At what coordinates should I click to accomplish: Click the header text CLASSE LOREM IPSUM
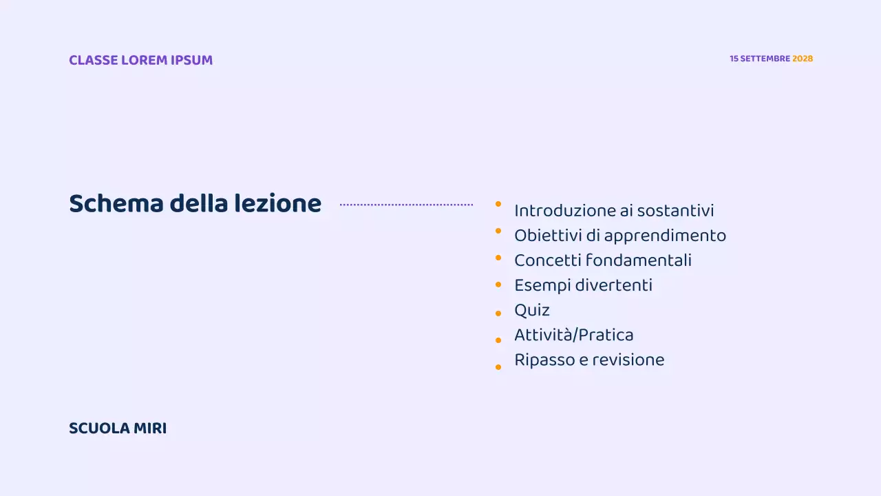pyautogui.click(x=140, y=60)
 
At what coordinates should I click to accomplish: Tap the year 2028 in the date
pyautogui.click(x=803, y=59)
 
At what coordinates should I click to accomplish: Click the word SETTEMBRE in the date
pyautogui.click(x=765, y=59)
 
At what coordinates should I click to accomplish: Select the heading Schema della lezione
pyautogui.click(x=195, y=204)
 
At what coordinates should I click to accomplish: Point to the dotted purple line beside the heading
pyautogui.click(x=406, y=205)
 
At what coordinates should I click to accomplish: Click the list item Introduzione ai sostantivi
pyautogui.click(x=614, y=211)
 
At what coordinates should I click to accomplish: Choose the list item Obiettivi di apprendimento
pyautogui.click(x=620, y=236)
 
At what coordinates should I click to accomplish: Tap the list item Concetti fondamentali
pyautogui.click(x=603, y=260)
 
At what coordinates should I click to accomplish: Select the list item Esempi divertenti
pyautogui.click(x=583, y=285)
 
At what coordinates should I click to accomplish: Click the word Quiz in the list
pyautogui.click(x=532, y=310)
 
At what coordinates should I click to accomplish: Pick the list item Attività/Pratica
pyautogui.click(x=574, y=335)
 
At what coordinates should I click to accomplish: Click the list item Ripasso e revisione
pyautogui.click(x=589, y=360)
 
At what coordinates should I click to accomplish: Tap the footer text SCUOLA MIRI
pyautogui.click(x=118, y=428)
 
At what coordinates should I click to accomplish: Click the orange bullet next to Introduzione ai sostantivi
pyautogui.click(x=498, y=204)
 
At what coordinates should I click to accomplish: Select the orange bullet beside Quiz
pyautogui.click(x=498, y=313)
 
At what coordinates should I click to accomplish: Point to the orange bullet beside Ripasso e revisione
pyautogui.click(x=498, y=367)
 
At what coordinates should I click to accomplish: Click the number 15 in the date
pyautogui.click(x=734, y=59)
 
